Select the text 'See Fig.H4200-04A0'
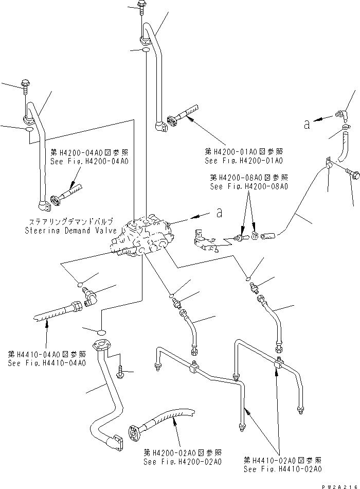pyautogui.click(x=89, y=161)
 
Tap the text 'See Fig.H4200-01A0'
pyautogui.click(x=244, y=161)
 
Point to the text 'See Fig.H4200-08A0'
pyautogui.click(x=249, y=186)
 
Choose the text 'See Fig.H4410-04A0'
pyautogui.click(x=47, y=363)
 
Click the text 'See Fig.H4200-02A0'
pyautogui.click(x=183, y=462)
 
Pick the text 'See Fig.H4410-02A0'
pyautogui.click(x=283, y=469)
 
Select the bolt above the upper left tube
pyautogui.click(x=24, y=85)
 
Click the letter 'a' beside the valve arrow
pyautogui.click(x=220, y=212)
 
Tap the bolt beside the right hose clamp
pyautogui.click(x=353, y=175)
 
